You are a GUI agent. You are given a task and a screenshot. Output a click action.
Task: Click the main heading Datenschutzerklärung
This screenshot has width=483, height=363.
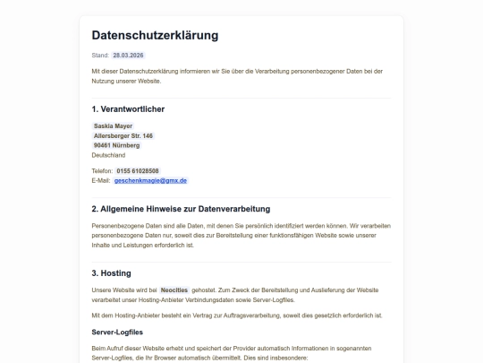[x=155, y=36]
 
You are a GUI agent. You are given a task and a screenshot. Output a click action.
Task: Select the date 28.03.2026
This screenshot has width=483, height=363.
[x=128, y=56]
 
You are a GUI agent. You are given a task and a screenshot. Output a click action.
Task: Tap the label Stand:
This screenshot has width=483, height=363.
[x=100, y=56]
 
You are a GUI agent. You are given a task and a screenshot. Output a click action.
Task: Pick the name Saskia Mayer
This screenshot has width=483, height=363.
[x=113, y=126]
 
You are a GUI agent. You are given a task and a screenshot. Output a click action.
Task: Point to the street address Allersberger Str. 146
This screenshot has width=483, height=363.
[x=123, y=135]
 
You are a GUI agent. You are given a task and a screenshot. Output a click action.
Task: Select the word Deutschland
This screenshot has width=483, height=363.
[x=109, y=155]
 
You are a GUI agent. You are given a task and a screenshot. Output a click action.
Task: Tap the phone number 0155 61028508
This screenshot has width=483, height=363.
[x=138, y=170]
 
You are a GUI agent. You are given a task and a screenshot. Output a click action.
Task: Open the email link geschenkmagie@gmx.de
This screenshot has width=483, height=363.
[x=151, y=180]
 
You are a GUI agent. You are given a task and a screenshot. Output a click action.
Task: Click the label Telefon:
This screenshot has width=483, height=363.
[x=103, y=170]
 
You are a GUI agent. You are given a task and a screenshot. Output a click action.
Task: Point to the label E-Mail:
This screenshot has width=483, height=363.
[x=101, y=180]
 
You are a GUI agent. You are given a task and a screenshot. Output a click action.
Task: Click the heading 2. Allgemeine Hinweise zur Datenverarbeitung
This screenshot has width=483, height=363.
[x=181, y=209]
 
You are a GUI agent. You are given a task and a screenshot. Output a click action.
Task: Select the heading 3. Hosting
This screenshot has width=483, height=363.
[x=112, y=272]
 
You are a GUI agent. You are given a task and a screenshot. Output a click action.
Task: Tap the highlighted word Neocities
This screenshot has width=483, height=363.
[x=174, y=290]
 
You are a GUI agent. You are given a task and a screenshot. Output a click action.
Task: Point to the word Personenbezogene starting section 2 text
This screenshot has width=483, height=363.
[x=117, y=227]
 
